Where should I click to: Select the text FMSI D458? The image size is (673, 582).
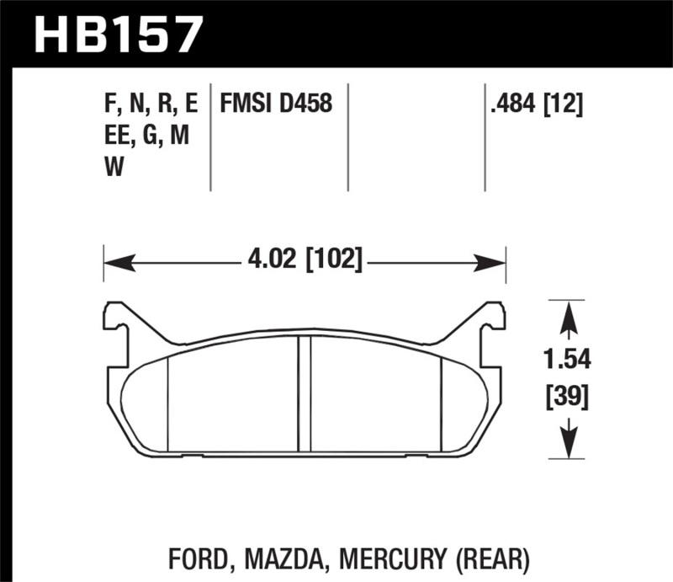[276, 104]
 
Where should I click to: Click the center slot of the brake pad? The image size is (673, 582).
[305, 394]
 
